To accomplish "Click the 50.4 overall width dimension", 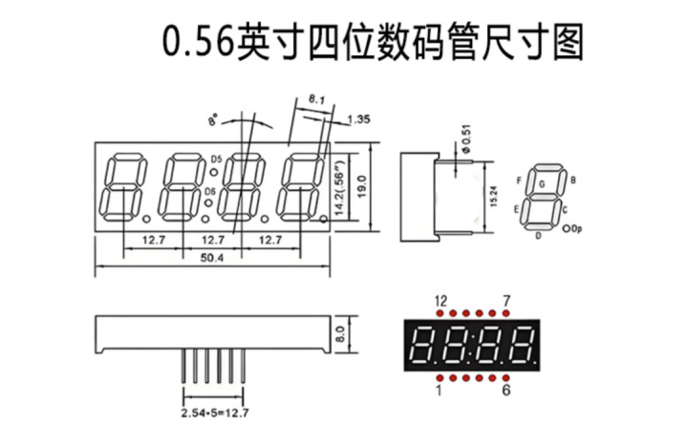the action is coord(212,258).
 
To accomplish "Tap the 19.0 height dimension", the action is coord(361,186).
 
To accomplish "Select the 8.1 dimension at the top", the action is coord(316,99).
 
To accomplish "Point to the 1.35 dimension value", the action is coord(359,119).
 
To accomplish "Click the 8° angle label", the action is coord(213,119).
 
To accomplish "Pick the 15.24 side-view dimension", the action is coord(494,197).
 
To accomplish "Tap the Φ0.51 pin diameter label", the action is coord(466,139).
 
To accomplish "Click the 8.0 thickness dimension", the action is coord(342,334).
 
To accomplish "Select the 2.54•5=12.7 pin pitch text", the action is coord(215,413).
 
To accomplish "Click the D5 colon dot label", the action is coord(217,159).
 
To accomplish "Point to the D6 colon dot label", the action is coord(210,191).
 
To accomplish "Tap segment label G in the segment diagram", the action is coord(542,184).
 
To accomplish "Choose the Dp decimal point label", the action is coord(577,228).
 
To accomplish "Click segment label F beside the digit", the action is coord(519,181).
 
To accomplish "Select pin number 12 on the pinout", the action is coord(440,301).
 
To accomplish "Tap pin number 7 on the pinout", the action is coord(506,301).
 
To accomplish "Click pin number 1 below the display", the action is coord(440,390).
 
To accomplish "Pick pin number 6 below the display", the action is coord(506,390).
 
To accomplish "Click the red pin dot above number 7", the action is coord(506,313).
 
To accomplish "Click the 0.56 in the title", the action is coord(198,43).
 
